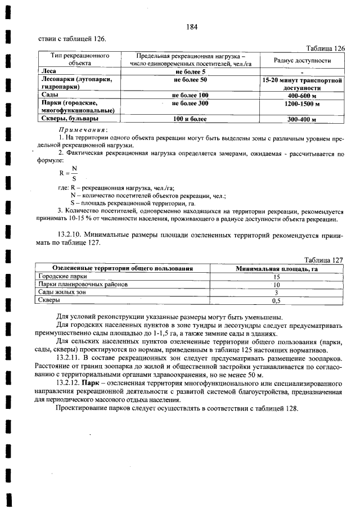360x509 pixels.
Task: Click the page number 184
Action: pyautogui.click(x=191, y=27)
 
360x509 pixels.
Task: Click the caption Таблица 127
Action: pyautogui.click(x=323, y=260)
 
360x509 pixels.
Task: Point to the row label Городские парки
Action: pyautogui.click(x=62, y=277)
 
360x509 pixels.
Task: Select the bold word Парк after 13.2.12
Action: pyautogui.click(x=91, y=382)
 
